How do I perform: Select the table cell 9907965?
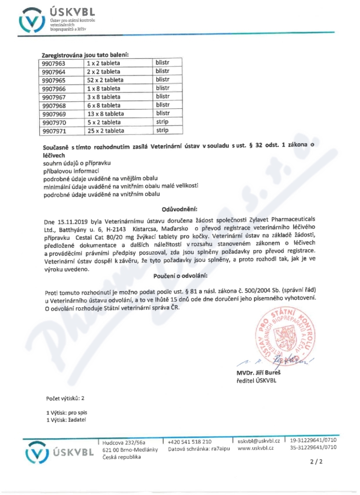[53, 80]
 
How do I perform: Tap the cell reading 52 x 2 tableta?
[105, 80]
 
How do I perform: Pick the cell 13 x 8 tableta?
[105, 113]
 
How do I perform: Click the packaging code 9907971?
[53, 130]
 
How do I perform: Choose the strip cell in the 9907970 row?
[162, 122]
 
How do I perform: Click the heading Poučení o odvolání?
[180, 275]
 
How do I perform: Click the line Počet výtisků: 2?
[65, 398]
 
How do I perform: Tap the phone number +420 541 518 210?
[189, 441]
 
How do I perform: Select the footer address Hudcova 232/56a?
[124, 442]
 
